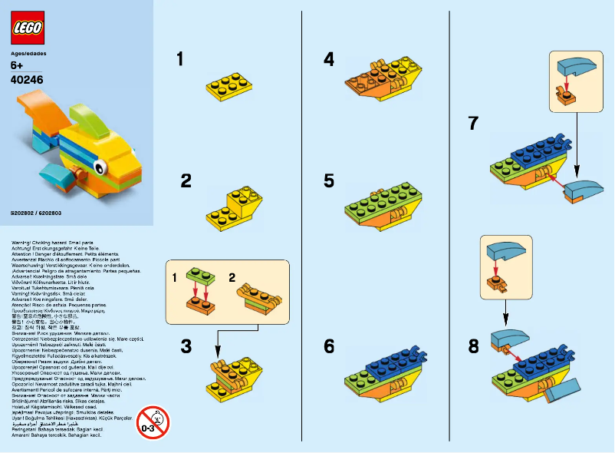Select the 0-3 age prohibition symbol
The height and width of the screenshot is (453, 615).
pyautogui.click(x=153, y=422)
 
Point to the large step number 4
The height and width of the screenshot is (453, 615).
pyautogui.click(x=328, y=58)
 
